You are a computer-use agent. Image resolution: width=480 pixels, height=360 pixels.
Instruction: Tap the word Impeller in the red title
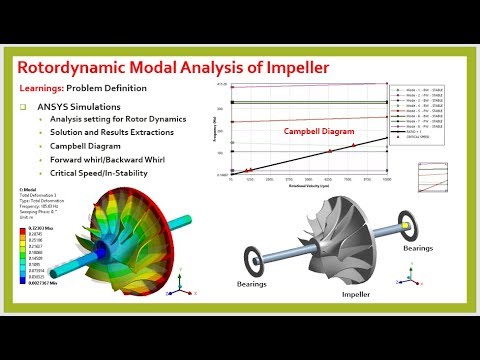pyautogui.click(x=388, y=68)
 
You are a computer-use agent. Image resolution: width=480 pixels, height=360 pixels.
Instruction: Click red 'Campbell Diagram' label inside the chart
pyautogui.click(x=313, y=131)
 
